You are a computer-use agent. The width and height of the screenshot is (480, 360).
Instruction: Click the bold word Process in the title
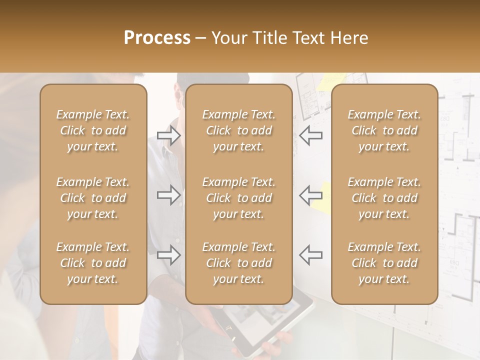coord(157,37)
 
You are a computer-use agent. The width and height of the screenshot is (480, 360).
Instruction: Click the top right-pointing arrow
coord(169,135)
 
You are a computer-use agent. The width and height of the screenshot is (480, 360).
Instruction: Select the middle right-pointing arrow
coord(169,195)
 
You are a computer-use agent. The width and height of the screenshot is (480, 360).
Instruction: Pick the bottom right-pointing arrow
coord(169,255)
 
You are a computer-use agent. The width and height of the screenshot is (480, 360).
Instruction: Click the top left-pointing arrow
coord(310,135)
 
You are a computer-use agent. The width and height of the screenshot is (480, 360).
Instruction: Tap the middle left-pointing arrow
coord(310,195)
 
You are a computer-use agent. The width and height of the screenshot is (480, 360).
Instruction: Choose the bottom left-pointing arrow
coord(310,255)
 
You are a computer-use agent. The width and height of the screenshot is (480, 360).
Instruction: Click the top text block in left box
coord(93,130)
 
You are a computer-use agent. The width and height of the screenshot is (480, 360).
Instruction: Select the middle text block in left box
coord(93,198)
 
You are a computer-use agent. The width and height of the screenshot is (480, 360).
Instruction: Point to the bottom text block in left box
coord(93,263)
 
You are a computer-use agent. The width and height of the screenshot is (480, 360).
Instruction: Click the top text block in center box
coord(239,130)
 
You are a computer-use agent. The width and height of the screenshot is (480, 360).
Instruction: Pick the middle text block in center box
coord(239,198)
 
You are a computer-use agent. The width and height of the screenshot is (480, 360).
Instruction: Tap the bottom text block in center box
coord(239,263)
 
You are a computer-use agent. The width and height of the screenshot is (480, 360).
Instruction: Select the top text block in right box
coord(384,130)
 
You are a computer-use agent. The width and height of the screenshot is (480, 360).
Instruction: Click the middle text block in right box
coord(384,198)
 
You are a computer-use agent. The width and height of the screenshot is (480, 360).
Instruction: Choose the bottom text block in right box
coord(384,263)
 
